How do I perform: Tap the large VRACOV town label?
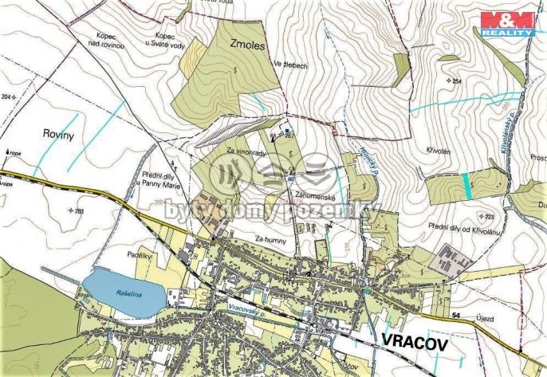(415, 341)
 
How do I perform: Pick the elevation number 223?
(487, 216)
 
